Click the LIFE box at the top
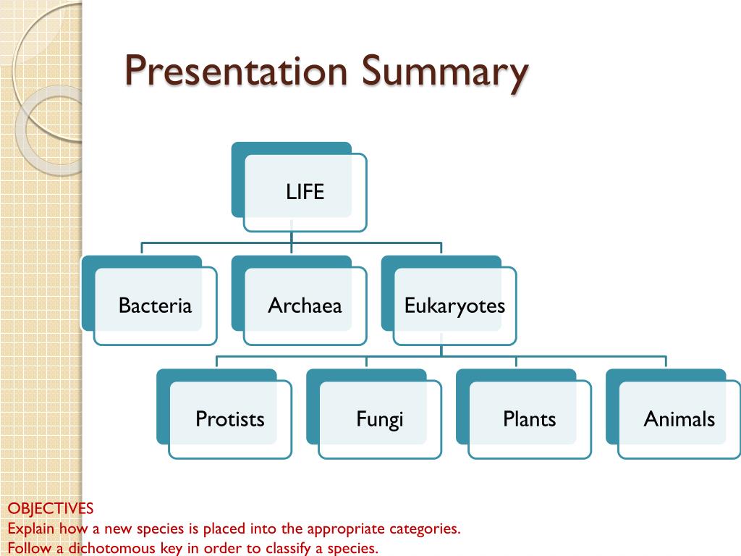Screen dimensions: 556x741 pos(305,193)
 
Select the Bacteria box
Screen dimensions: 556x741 pos(155,306)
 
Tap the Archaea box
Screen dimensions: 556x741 pos(305,306)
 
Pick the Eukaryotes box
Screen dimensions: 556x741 pos(454,306)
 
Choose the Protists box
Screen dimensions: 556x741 pos(230,419)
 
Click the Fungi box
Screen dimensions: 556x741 pos(379,419)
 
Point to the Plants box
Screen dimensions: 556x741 pos(529,419)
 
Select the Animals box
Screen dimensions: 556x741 pos(679,419)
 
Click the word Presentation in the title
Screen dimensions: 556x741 pos(236,72)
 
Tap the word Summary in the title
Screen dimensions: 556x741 pos(444,73)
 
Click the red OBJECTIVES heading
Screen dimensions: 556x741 pos(51,508)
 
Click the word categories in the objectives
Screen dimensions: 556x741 pos(424,528)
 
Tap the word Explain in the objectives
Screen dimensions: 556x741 pos(31,528)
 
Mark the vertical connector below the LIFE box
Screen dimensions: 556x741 pos(292,237)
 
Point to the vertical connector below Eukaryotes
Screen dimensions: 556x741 pos(441,350)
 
